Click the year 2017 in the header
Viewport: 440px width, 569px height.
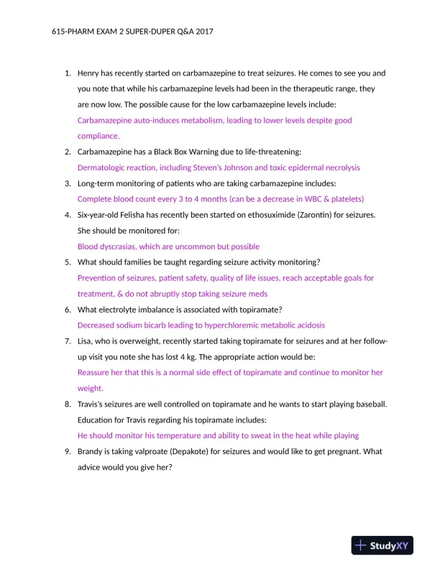(x=203, y=32)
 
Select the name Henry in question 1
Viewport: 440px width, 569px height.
(x=90, y=73)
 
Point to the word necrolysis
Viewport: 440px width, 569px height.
(x=339, y=167)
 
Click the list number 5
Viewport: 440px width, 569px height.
(x=67, y=262)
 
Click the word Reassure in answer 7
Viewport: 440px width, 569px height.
(x=96, y=372)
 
